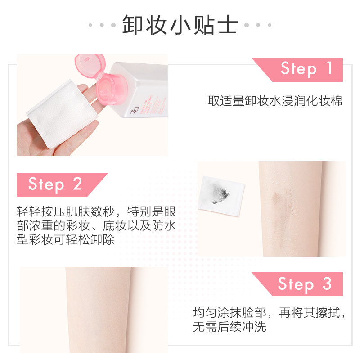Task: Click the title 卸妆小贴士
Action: pyautogui.click(x=180, y=25)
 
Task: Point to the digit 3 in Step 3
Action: pyautogui.click(x=327, y=284)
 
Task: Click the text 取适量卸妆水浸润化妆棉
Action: pyautogui.click(x=275, y=101)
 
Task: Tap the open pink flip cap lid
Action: pyautogui.click(x=89, y=63)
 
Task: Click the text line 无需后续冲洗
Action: pyautogui.click(x=229, y=327)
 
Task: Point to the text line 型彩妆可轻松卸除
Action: pyautogui.click(x=65, y=239)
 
